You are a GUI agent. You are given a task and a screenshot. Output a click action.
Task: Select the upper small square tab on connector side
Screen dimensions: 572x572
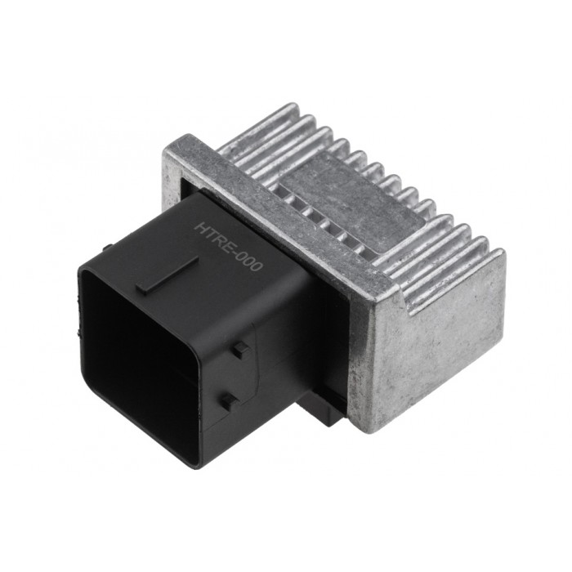point(238,350)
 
